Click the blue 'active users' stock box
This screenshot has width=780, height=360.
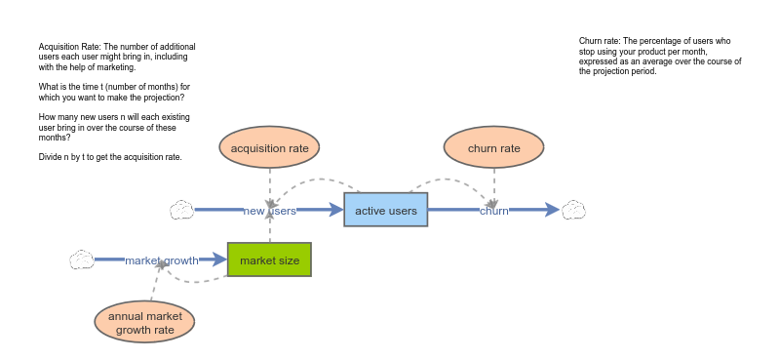click(x=385, y=210)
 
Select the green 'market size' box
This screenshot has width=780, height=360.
click(x=269, y=260)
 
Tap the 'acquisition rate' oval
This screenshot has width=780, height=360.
click(x=270, y=148)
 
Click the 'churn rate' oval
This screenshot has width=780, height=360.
click(x=494, y=148)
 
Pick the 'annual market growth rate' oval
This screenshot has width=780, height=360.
click(x=144, y=323)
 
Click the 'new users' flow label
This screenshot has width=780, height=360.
click(x=269, y=211)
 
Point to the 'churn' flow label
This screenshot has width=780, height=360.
click(x=493, y=211)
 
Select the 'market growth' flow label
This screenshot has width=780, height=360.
click(x=161, y=260)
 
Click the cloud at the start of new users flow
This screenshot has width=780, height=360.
click(x=181, y=210)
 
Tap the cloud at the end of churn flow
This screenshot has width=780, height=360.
click(x=573, y=210)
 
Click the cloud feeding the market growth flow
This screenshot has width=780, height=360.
click(x=81, y=260)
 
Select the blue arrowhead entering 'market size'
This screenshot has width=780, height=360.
click(x=219, y=260)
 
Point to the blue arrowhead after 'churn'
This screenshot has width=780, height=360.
click(x=552, y=210)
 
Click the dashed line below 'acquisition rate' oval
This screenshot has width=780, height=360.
click(x=270, y=183)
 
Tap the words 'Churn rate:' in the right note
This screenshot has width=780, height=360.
click(x=600, y=41)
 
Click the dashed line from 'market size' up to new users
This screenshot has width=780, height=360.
click(x=270, y=230)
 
